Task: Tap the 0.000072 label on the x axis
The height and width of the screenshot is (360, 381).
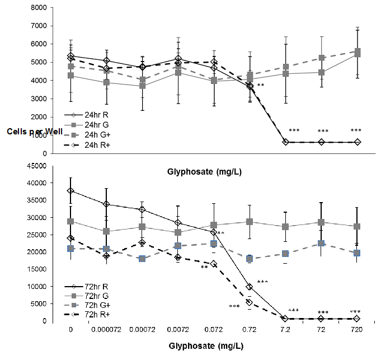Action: (x=106, y=329)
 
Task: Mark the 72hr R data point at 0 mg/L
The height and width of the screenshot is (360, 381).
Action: (x=70, y=190)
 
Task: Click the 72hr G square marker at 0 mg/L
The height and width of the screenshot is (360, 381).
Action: (x=70, y=221)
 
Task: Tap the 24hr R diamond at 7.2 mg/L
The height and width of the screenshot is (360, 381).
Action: (x=285, y=142)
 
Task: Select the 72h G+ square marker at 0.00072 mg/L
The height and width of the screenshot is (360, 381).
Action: (x=142, y=259)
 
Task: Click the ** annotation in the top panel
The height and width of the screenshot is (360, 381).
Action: (x=261, y=85)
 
